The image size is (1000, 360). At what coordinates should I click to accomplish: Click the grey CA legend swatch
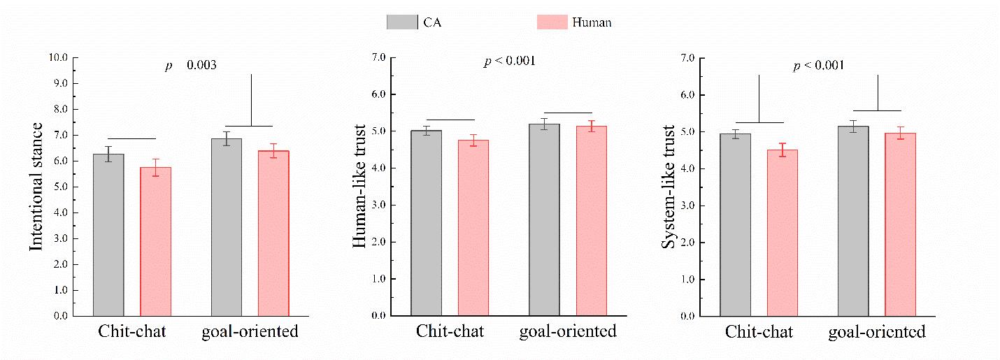point(402,22)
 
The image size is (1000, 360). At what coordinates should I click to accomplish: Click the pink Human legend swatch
point(552,22)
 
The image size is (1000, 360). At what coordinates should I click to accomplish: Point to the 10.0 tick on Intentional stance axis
point(60,57)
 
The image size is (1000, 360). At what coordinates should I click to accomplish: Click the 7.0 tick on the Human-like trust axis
point(378,57)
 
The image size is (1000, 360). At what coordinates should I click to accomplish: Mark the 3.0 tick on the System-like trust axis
point(688,206)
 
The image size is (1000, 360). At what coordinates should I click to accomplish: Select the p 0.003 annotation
point(190,65)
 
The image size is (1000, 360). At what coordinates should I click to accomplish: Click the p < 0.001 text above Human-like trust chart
point(510,62)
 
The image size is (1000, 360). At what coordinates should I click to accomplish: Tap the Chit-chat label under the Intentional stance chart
point(131,331)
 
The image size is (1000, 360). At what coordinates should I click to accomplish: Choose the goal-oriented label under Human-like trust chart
point(568,331)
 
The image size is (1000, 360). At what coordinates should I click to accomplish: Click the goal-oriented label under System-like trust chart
point(877,331)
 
